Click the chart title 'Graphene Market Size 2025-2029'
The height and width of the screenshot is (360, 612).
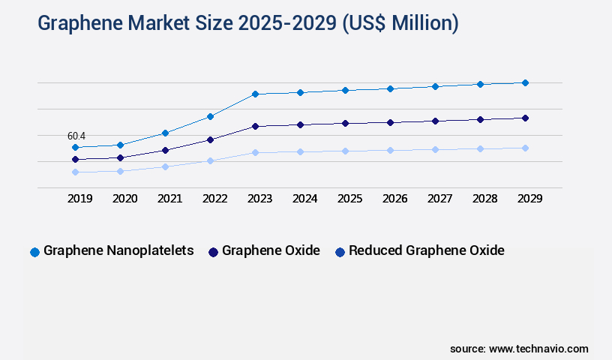pos(247,23)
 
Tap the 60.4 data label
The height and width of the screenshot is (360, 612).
pos(76,136)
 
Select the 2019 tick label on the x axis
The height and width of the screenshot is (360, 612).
pos(80,199)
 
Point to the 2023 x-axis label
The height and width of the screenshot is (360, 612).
pos(259,199)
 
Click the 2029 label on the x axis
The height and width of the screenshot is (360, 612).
pos(529,199)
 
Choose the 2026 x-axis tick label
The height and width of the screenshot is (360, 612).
pos(394,199)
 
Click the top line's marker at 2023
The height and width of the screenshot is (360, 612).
pos(255,94)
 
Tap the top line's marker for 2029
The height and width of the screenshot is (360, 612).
pos(525,82)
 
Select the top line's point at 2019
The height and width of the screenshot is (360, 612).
pos(75,147)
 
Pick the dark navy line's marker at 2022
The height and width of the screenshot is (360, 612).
pos(210,139)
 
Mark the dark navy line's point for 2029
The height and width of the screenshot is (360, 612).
pos(525,118)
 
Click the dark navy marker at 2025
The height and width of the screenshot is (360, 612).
pos(345,123)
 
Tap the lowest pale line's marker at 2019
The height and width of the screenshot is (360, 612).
pos(75,172)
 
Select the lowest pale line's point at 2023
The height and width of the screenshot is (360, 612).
pos(255,152)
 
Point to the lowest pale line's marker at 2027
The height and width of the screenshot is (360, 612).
pos(435,149)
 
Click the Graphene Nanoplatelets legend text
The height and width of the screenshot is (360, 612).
pos(118,250)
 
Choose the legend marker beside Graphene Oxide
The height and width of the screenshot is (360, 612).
pos(213,252)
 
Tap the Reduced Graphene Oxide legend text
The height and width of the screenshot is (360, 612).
pos(426,250)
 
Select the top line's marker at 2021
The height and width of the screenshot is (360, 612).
pos(165,133)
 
